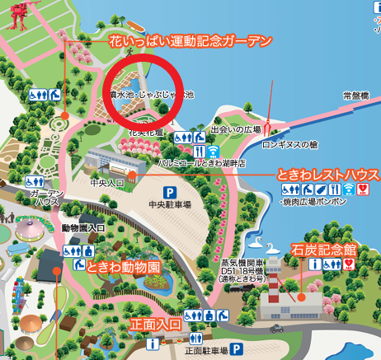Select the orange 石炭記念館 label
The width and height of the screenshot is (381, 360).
(x=324, y=248)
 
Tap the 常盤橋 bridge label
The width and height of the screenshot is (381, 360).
(x=355, y=96)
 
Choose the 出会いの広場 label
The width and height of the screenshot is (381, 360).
(x=236, y=129)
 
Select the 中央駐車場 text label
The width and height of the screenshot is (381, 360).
(x=170, y=203)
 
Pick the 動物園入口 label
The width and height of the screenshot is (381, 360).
(x=83, y=227)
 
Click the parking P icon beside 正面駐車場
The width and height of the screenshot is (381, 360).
(x=235, y=349)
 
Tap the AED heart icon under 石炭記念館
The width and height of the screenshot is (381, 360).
(x=350, y=264)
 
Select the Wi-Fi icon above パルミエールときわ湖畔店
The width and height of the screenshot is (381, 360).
(x=213, y=151)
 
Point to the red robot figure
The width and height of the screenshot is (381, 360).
(x=18, y=12)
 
